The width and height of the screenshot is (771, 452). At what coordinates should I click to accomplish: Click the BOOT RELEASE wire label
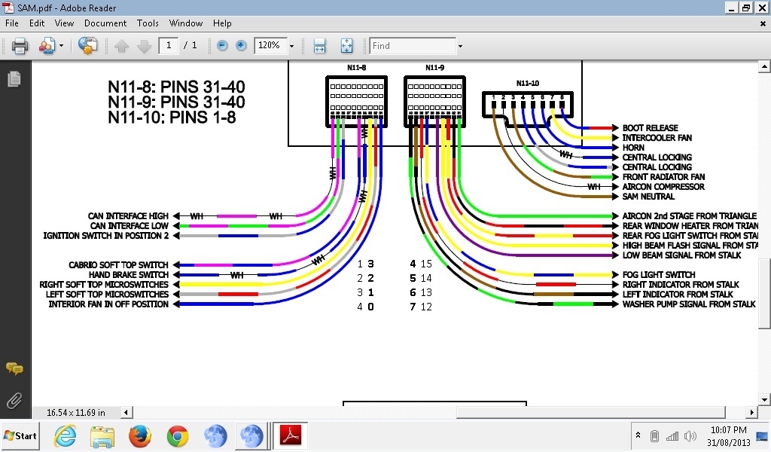[650, 128]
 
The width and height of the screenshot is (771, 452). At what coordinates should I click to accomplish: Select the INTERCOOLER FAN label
[657, 138]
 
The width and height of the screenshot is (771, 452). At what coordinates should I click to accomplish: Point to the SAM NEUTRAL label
[648, 197]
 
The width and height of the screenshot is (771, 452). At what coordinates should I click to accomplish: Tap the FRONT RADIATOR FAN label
[663, 177]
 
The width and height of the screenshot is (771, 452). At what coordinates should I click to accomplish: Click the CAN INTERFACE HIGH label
[128, 216]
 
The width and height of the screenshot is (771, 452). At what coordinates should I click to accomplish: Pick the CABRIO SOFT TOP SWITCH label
[118, 265]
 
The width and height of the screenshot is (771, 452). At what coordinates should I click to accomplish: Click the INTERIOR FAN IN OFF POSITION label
[108, 304]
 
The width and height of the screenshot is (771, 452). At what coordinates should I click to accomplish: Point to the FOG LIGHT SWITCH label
[658, 275]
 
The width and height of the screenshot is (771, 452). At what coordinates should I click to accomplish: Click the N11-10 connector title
[527, 83]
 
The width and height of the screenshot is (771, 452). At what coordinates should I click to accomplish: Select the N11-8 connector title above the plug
[356, 68]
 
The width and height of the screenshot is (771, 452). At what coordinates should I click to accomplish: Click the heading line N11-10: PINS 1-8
[172, 117]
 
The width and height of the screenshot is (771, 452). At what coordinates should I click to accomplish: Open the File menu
[11, 23]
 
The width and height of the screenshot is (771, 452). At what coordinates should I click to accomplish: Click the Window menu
[186, 23]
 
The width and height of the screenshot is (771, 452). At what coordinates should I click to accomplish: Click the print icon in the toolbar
[20, 46]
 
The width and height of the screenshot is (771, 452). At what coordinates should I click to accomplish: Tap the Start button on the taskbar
[20, 435]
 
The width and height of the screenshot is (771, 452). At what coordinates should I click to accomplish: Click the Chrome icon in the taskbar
[178, 435]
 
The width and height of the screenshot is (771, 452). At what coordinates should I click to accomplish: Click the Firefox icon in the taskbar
[140, 435]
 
